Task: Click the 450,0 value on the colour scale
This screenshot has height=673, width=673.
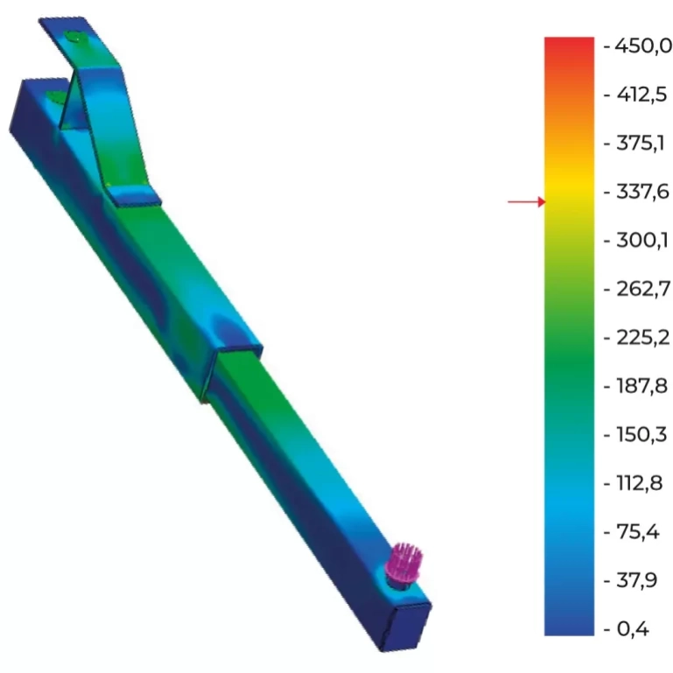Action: pyautogui.click(x=643, y=46)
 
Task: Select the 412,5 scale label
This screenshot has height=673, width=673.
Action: pyautogui.click(x=641, y=94)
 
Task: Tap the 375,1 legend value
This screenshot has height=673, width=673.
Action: pyautogui.click(x=641, y=143)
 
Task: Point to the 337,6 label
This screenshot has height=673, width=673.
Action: pyautogui.click(x=642, y=191)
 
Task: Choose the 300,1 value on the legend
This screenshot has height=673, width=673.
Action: pyautogui.click(x=642, y=240)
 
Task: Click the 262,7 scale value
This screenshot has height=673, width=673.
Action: pyautogui.click(x=643, y=289)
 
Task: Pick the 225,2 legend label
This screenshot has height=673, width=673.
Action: pyautogui.click(x=642, y=337)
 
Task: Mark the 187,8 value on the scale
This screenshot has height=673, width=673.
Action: pyautogui.click(x=641, y=386)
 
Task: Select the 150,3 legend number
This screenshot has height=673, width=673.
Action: pyautogui.click(x=641, y=434)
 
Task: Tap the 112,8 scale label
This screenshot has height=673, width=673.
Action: pyautogui.click(x=640, y=483)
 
